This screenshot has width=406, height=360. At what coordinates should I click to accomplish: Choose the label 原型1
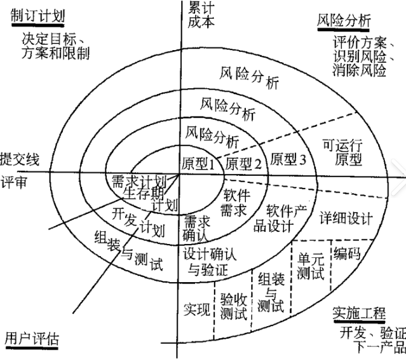pos(199,162)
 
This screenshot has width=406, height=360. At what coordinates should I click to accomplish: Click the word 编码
pos(346,253)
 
